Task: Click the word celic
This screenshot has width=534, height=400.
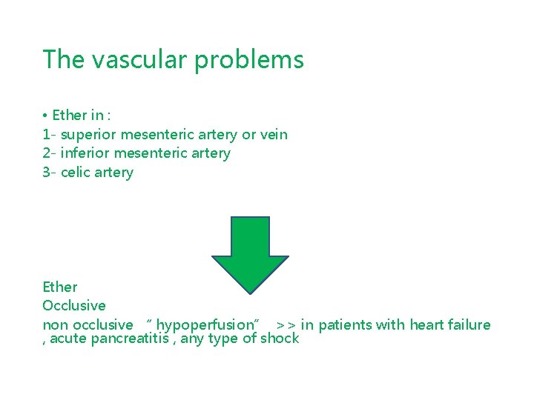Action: click(x=77, y=173)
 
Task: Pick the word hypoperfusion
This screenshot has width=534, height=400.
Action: click(x=205, y=325)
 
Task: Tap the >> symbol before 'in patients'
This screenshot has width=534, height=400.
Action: click(x=286, y=325)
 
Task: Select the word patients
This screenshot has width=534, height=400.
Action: click(x=346, y=324)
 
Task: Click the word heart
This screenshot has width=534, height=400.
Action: click(x=423, y=324)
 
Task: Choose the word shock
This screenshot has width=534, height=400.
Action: click(x=280, y=339)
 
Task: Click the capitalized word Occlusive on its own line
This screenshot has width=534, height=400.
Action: click(x=74, y=305)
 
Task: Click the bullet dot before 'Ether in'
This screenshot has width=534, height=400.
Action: click(x=45, y=116)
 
